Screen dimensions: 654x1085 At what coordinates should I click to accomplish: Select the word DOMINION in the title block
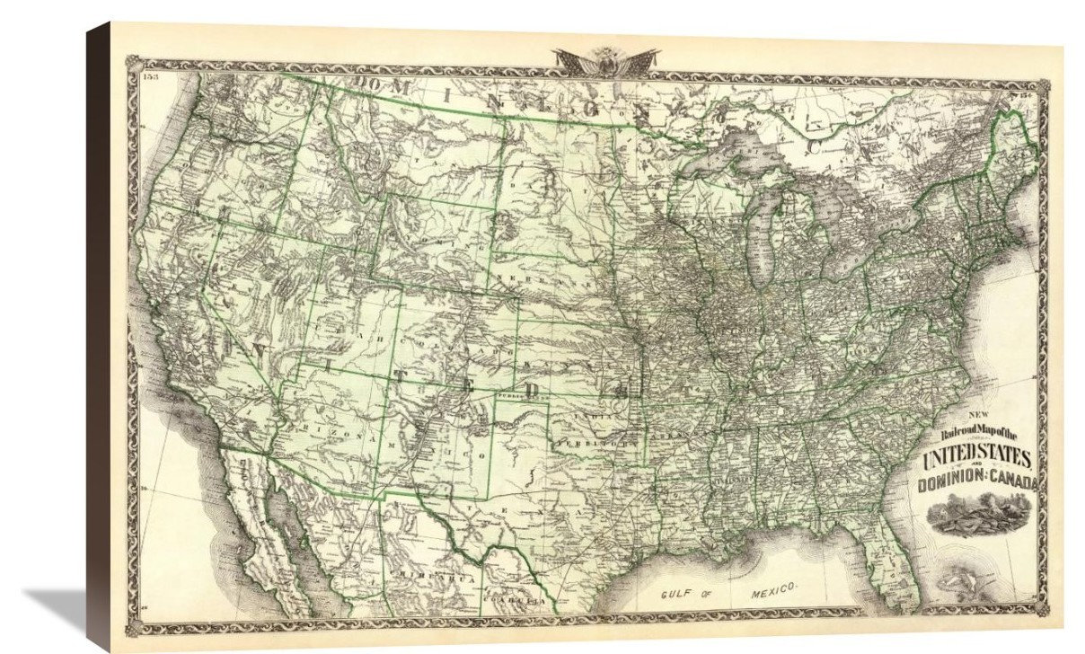(x=942, y=487)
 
